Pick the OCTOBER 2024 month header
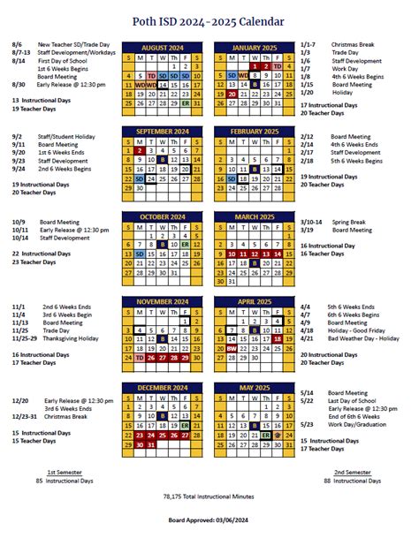[x=163, y=216]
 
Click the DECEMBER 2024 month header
[x=163, y=386]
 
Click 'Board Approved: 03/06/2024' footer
[x=209, y=523]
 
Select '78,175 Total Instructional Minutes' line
[x=209, y=498]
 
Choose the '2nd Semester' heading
[x=352, y=473]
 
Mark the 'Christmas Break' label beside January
[x=354, y=43]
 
